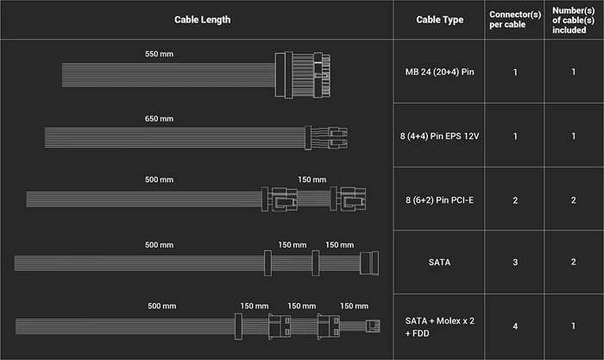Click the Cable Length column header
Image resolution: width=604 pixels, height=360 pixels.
pyautogui.click(x=202, y=20)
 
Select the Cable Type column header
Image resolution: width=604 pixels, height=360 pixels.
pyautogui.click(x=439, y=20)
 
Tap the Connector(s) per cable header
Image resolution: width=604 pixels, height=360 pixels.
pyautogui.click(x=515, y=20)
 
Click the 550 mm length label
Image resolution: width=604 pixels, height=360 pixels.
pyautogui.click(x=159, y=54)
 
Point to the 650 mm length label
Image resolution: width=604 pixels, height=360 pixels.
pyautogui.click(x=159, y=119)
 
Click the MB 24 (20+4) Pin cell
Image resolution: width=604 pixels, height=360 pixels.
pyautogui.click(x=439, y=72)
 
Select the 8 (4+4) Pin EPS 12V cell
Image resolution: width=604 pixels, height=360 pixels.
pyautogui.click(x=439, y=136)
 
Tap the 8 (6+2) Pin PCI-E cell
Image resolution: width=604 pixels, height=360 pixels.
pyautogui.click(x=439, y=200)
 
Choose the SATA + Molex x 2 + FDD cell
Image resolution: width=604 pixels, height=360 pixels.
pyautogui.click(x=439, y=327)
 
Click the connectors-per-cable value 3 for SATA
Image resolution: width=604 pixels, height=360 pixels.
pyautogui.click(x=515, y=262)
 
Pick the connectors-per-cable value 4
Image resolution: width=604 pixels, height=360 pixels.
pyautogui.click(x=515, y=326)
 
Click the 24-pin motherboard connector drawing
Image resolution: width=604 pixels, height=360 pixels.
pyautogui.click(x=303, y=75)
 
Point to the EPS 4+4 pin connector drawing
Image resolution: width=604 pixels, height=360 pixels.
pyautogui.click(x=326, y=137)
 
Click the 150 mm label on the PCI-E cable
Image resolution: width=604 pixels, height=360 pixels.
pyautogui.click(x=312, y=180)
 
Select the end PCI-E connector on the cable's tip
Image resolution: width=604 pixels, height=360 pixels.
pyautogui.click(x=348, y=199)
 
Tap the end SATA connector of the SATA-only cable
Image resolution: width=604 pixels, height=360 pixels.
pyautogui.click(x=369, y=262)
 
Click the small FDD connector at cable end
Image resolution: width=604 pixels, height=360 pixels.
pyautogui.click(x=373, y=325)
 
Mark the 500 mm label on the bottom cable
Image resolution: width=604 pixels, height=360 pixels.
pyautogui.click(x=162, y=306)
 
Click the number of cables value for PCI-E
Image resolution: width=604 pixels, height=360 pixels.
pyautogui.click(x=573, y=200)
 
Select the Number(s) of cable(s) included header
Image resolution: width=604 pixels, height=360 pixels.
pyautogui.click(x=573, y=20)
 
